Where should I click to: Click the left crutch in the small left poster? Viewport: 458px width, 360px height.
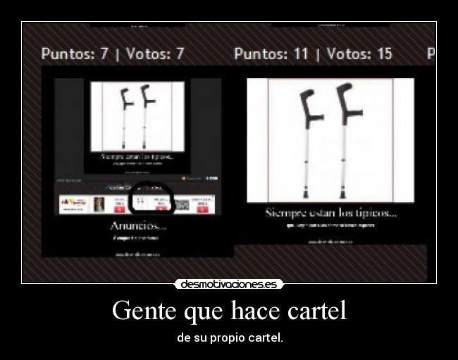tap(125, 116)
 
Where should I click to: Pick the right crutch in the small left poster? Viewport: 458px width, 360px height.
tap(145, 116)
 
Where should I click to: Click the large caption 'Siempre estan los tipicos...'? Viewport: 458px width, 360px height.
tap(330, 212)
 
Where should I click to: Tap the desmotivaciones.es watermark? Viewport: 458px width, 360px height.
tap(229, 285)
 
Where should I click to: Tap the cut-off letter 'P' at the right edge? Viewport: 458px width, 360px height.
tap(431, 54)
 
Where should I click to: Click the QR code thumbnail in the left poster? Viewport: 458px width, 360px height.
tap(182, 204)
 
